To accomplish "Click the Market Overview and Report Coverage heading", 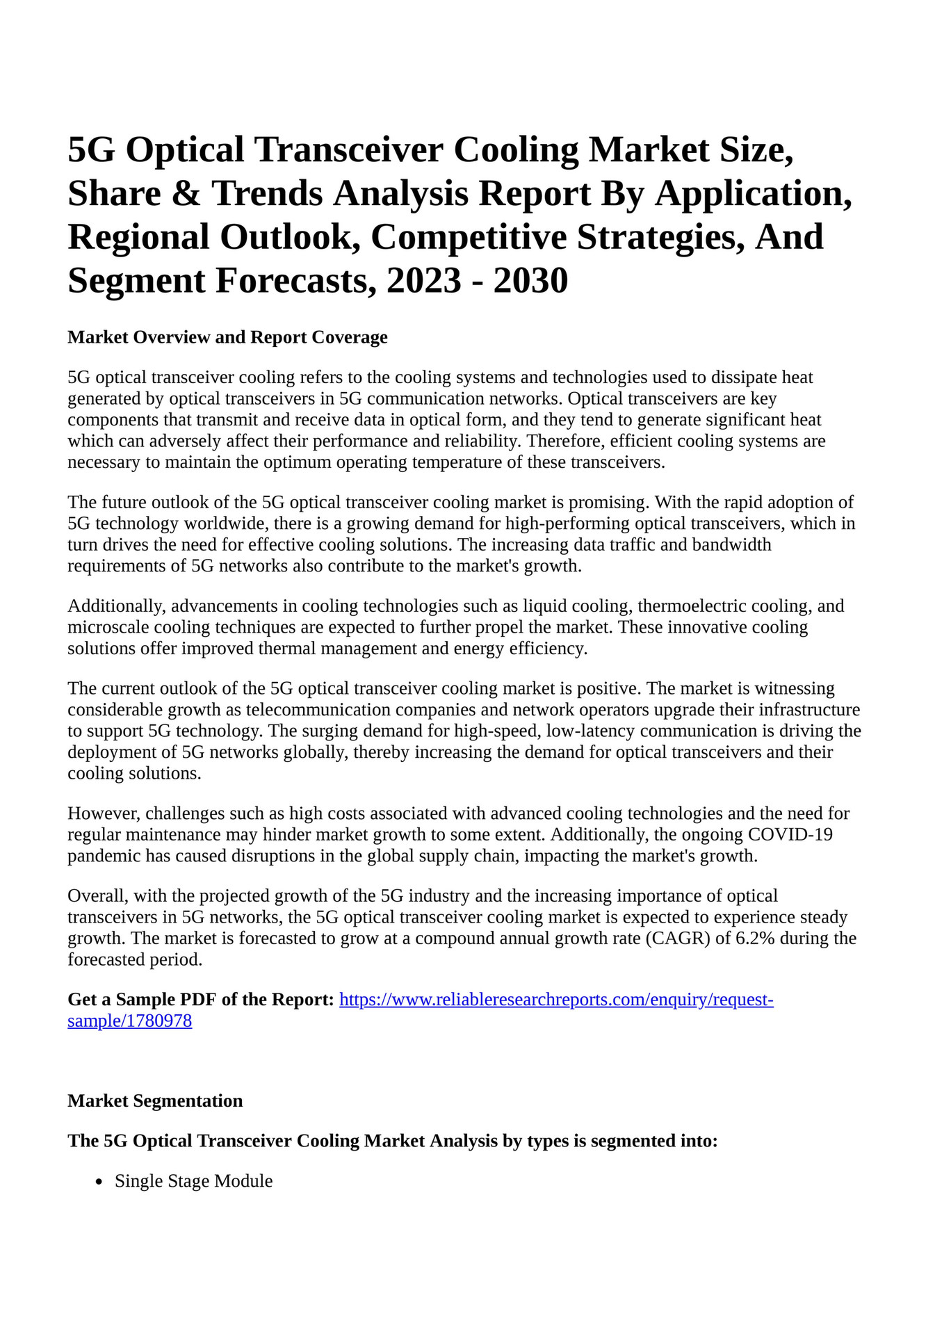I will coord(227,338).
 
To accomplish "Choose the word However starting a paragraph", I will coord(102,814).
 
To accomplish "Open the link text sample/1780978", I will coord(129,1022).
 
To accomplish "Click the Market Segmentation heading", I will coord(155,1101).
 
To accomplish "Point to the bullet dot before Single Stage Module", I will coord(99,1182).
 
